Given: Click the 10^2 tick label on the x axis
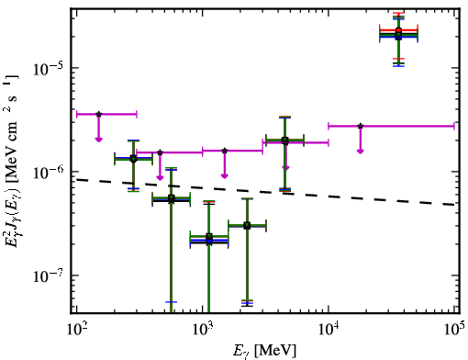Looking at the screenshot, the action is point(76,329).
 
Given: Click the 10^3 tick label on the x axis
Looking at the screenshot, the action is point(203,329).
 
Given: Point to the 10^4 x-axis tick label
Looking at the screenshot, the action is point(329,329).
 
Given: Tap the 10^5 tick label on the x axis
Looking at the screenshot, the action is point(455,329).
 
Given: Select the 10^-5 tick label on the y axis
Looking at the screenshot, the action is point(48,68).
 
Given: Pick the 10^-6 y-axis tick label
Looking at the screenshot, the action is point(48,173).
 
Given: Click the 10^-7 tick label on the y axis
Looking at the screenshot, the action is point(48,276).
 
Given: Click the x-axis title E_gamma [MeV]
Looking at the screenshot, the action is point(264,351).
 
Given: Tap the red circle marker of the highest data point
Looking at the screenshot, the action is point(398,30).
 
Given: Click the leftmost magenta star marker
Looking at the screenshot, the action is point(98,114).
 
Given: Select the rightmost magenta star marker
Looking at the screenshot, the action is point(361,126).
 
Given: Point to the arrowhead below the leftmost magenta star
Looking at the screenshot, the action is point(98,140).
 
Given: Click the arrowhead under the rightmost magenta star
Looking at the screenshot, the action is point(361,151).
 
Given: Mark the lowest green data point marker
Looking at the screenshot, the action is point(209,236).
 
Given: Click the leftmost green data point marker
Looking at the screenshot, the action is point(133,159).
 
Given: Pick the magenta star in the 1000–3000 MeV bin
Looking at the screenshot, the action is point(225,151).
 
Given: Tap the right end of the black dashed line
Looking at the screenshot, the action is point(454,204).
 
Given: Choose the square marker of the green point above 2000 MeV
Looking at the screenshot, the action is point(247,226).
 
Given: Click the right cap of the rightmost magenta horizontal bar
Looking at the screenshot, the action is point(454,126).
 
